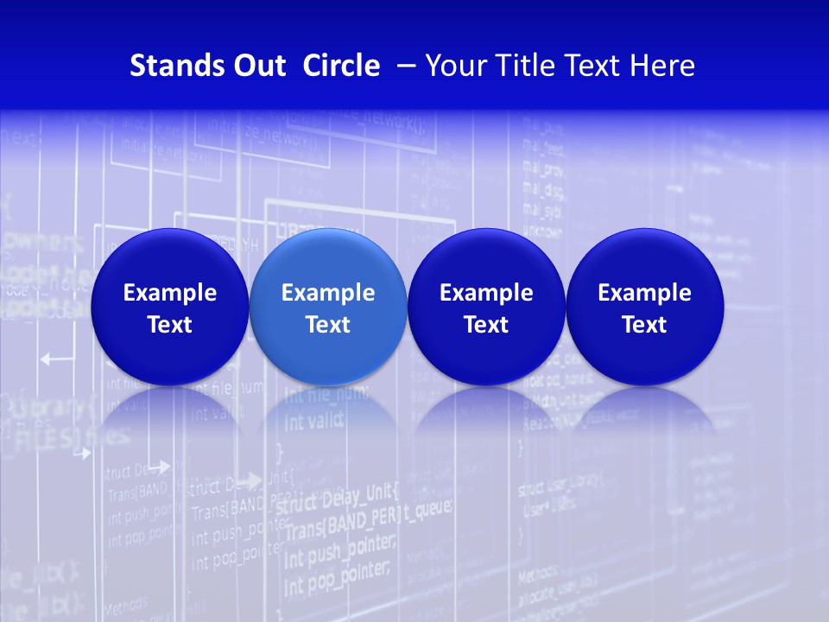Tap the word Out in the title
click(x=256, y=66)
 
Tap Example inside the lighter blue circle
click(x=328, y=293)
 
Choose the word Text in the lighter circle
click(x=328, y=325)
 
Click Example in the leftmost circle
click(x=169, y=293)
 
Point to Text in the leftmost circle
click(x=169, y=325)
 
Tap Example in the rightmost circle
click(x=644, y=293)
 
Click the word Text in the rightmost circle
click(x=644, y=325)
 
